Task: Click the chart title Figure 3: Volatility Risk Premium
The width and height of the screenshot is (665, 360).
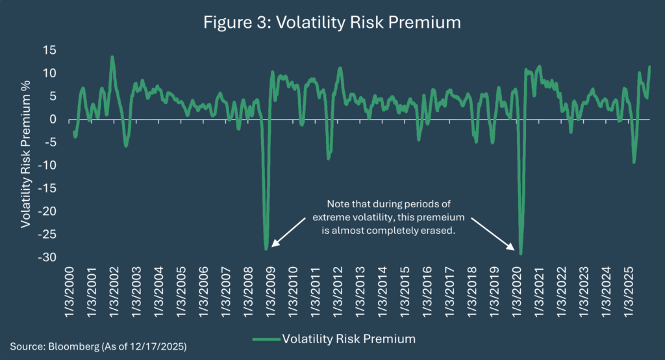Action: pyautogui.click(x=332, y=23)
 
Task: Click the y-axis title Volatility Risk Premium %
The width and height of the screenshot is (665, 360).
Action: pyautogui.click(x=25, y=153)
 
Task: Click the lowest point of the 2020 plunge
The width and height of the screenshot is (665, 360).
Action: pyautogui.click(x=521, y=253)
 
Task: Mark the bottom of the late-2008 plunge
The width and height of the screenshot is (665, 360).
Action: pyautogui.click(x=266, y=249)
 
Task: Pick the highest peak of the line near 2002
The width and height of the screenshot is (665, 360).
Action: pyautogui.click(x=112, y=57)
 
